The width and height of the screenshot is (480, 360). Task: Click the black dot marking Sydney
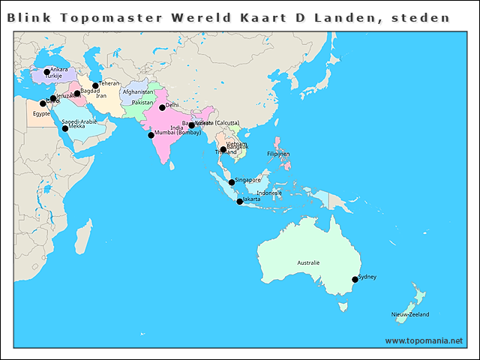click(355, 280)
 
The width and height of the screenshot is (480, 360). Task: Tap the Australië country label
click(308, 263)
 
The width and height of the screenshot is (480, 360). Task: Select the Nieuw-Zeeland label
click(410, 314)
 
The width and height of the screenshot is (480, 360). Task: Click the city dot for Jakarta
click(239, 201)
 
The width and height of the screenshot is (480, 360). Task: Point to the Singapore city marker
click(231, 182)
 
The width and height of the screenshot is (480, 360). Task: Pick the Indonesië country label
click(269, 193)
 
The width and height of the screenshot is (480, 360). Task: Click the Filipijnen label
click(278, 154)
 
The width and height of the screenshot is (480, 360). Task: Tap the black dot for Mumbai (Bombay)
click(151, 135)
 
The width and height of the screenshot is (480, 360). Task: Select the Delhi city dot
click(162, 107)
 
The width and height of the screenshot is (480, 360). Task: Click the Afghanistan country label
click(138, 92)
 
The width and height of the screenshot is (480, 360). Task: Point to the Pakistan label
click(142, 102)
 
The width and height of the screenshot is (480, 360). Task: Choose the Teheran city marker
click(95, 85)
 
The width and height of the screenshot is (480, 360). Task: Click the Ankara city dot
click(46, 72)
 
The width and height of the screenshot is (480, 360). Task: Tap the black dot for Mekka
click(65, 128)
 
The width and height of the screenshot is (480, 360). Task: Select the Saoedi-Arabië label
click(79, 121)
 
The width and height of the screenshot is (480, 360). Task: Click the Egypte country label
click(41, 113)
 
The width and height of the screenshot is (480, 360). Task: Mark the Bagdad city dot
click(77, 93)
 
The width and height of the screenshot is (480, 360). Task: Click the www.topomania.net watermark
click(424, 340)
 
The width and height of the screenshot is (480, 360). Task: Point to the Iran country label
click(101, 96)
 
